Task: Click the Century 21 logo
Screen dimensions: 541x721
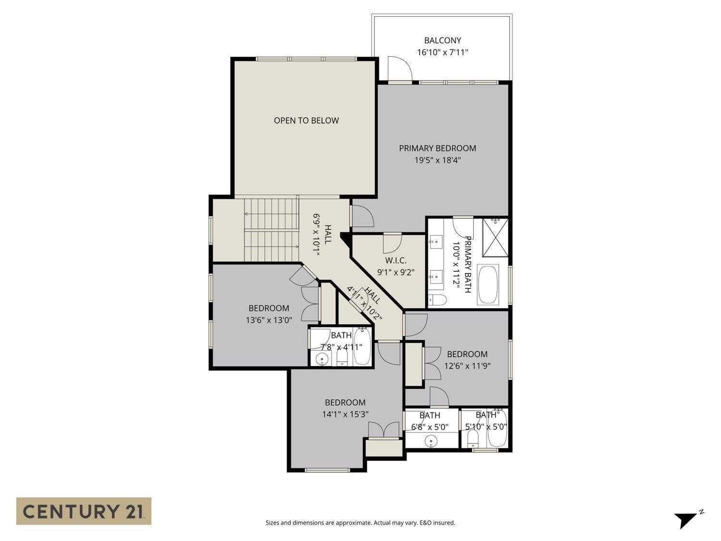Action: (x=84, y=511)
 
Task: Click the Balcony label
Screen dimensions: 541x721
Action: (x=442, y=41)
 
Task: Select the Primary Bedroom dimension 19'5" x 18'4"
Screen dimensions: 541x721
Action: (x=437, y=160)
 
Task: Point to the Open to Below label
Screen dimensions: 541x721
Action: (x=306, y=121)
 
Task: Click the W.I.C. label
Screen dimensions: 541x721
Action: (x=396, y=261)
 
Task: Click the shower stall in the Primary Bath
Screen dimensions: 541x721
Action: (x=495, y=237)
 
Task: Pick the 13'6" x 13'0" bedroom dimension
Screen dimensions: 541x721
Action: (x=269, y=320)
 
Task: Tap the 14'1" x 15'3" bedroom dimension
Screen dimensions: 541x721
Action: (x=345, y=414)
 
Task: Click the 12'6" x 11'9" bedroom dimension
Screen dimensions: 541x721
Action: (x=467, y=366)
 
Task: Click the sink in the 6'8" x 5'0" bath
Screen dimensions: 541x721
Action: (x=431, y=441)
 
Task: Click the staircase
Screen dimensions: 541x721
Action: (x=272, y=229)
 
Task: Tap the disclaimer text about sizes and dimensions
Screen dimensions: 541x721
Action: (x=360, y=523)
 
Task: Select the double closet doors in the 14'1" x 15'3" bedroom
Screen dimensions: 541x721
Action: (x=384, y=430)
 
